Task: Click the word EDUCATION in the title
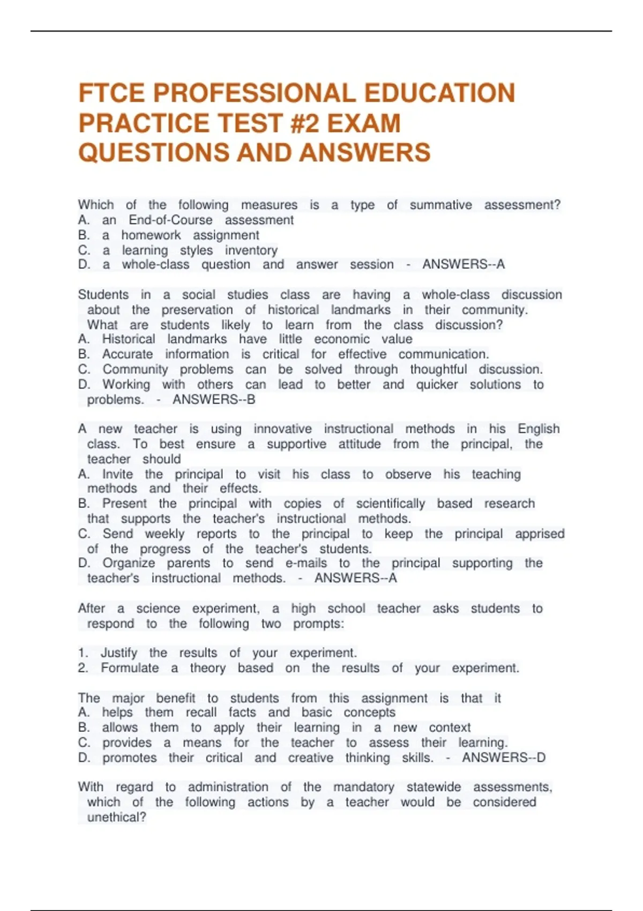[x=439, y=93]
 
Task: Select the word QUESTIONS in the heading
[x=153, y=153]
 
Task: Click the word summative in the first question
[x=440, y=205]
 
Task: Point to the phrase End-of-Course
[x=170, y=220]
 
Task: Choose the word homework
[x=151, y=235]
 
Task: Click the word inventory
[x=251, y=250]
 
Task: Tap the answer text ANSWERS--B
[x=214, y=400]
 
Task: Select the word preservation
[x=197, y=310]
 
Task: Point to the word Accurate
[x=128, y=354]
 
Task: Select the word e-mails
[x=306, y=563]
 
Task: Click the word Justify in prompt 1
[x=119, y=653]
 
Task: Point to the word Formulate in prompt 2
[x=130, y=668]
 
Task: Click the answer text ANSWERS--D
[x=504, y=758]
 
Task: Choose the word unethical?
[x=116, y=817]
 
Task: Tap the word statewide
[x=433, y=787]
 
